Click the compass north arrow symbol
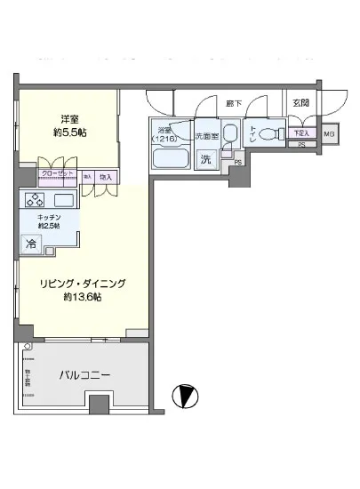click(185, 394)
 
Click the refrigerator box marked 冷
click(31, 243)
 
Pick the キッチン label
click(48, 216)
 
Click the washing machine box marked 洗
click(205, 159)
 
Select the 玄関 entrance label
click(302, 103)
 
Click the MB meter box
click(329, 134)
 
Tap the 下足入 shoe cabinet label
click(303, 133)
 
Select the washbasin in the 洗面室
click(229, 134)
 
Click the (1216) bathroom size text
click(165, 138)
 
